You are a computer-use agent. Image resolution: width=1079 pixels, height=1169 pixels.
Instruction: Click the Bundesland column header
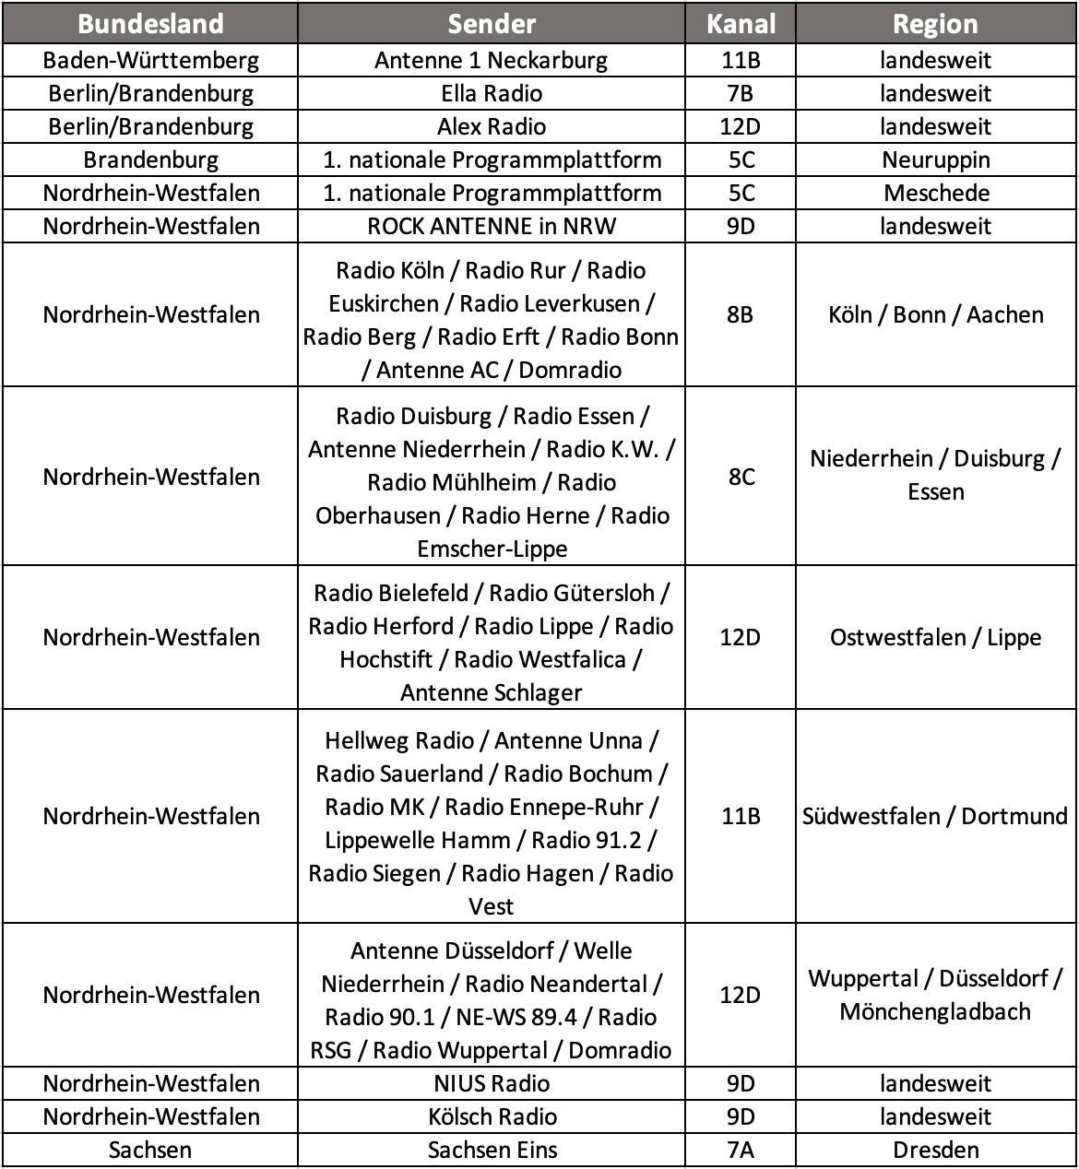(150, 24)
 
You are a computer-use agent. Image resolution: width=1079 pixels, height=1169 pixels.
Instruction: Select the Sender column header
(492, 24)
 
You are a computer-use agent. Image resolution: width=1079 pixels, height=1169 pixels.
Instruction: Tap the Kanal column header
(741, 24)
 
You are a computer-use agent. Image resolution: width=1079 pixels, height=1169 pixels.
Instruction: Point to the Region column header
(935, 24)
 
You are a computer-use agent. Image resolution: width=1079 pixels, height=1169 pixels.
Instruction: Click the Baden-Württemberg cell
(150, 61)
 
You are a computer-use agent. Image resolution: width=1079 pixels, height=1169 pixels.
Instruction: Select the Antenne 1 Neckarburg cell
(492, 61)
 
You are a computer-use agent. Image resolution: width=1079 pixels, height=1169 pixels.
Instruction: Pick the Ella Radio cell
(492, 94)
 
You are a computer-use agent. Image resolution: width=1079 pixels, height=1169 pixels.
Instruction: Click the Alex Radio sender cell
(492, 127)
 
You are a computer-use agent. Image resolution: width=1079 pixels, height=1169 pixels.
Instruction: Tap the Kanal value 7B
(741, 94)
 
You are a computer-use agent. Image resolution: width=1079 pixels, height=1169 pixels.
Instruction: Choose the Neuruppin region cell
(935, 160)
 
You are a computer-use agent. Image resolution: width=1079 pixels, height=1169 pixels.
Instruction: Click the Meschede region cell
(935, 194)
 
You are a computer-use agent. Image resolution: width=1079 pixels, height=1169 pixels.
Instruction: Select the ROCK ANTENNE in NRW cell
(492, 227)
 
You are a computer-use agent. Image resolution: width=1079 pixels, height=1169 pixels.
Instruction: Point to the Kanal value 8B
(741, 315)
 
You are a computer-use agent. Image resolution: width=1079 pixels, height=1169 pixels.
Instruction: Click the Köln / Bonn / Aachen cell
(935, 315)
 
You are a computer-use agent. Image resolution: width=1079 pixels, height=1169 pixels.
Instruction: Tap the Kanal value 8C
(741, 477)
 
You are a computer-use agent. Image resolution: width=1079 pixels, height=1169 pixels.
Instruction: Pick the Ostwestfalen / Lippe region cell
(935, 638)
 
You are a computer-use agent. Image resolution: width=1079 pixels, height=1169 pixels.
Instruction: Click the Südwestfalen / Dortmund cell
(935, 817)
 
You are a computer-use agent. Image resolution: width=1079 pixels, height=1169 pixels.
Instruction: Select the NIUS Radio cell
(492, 1084)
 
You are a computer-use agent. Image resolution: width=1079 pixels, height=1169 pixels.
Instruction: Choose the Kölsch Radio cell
(492, 1117)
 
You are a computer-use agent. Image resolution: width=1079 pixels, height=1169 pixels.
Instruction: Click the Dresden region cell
(935, 1151)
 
